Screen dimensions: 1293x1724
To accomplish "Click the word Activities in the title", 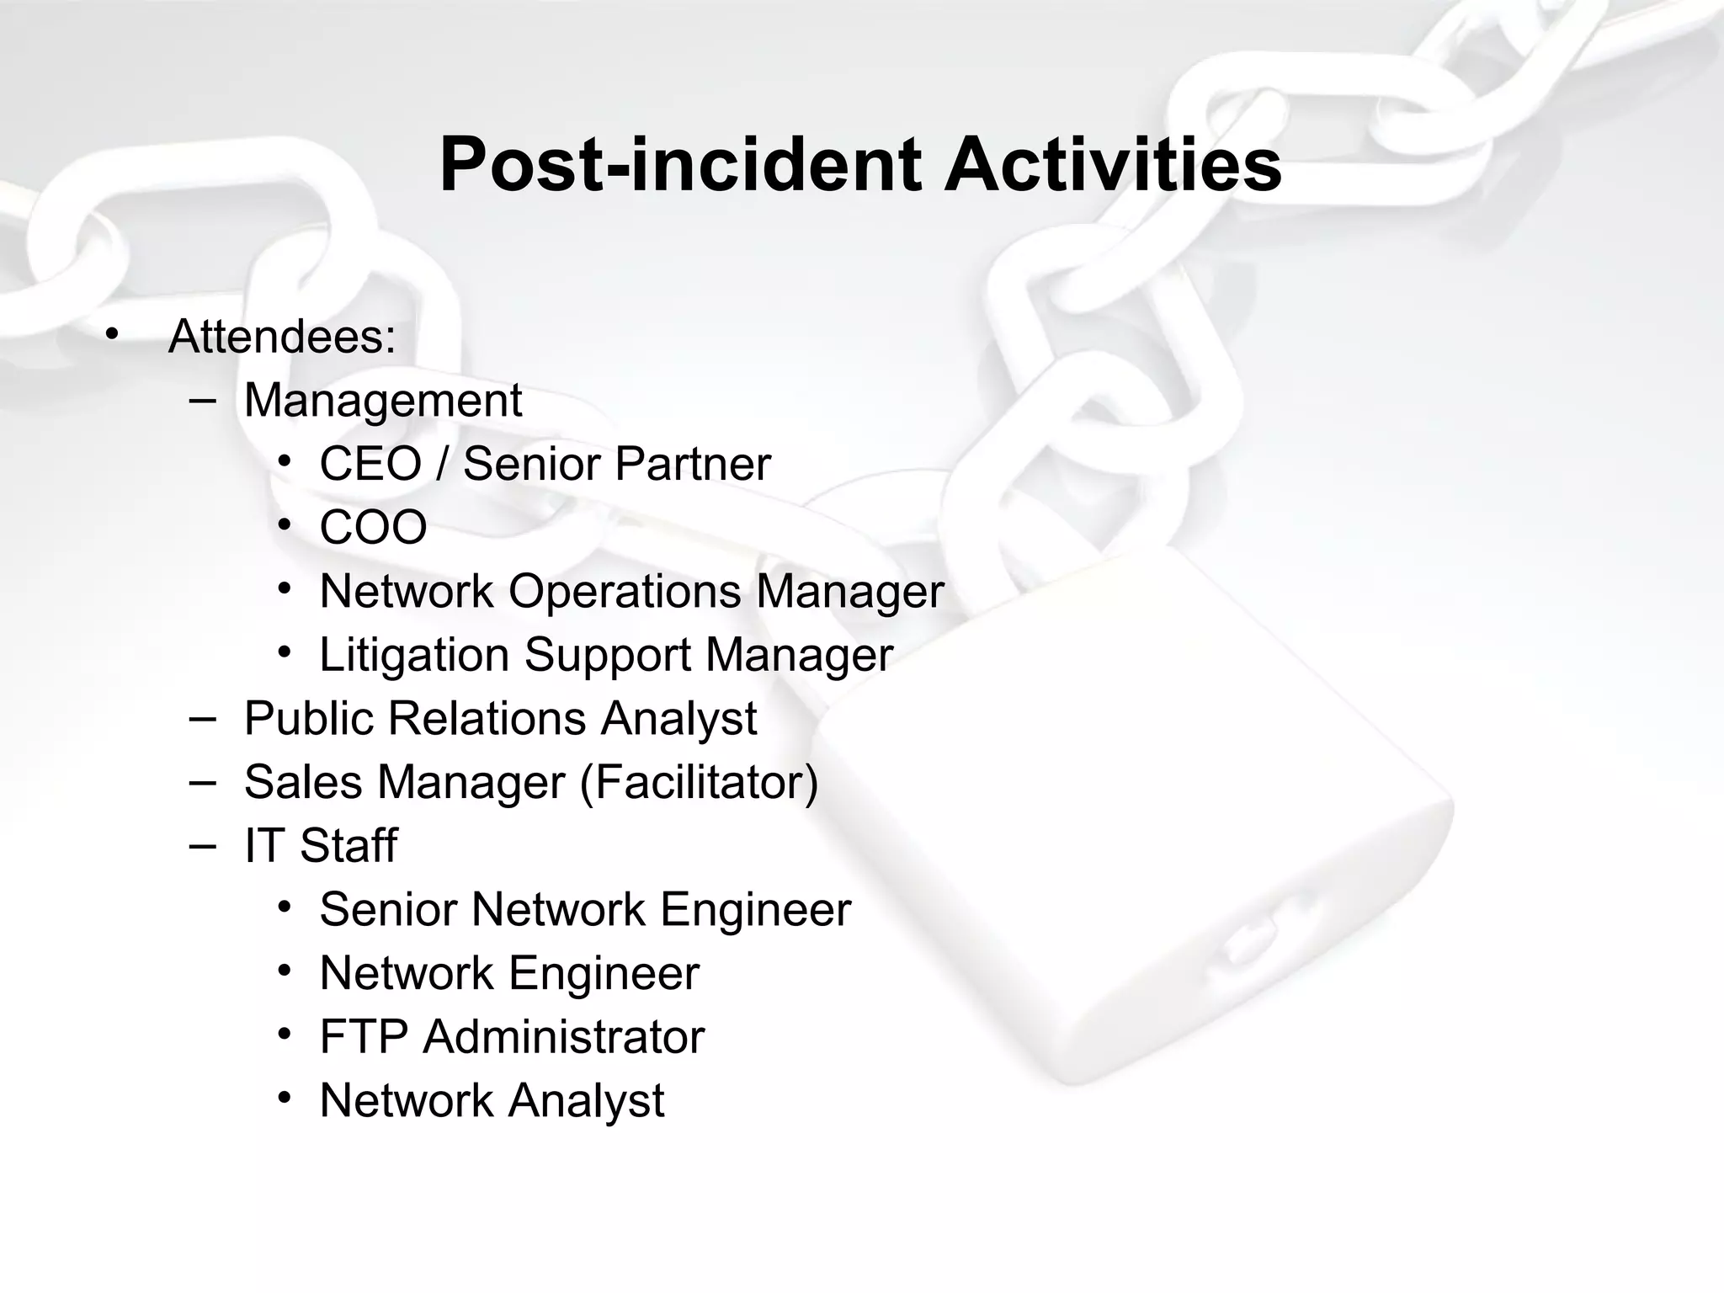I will (1112, 165).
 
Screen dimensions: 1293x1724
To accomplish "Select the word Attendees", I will (282, 337).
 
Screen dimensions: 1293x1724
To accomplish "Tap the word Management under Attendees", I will (383, 401).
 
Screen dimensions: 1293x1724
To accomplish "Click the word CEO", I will (370, 464).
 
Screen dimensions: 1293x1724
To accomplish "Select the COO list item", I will (373, 528).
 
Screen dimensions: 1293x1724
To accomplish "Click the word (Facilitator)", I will (699, 782).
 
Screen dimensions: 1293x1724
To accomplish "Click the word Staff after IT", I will (349, 846).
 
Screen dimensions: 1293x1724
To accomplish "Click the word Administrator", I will (563, 1037).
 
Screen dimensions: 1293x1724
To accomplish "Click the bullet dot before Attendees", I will (112, 336).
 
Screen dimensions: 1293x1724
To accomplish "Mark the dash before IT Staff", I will (202, 844).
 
